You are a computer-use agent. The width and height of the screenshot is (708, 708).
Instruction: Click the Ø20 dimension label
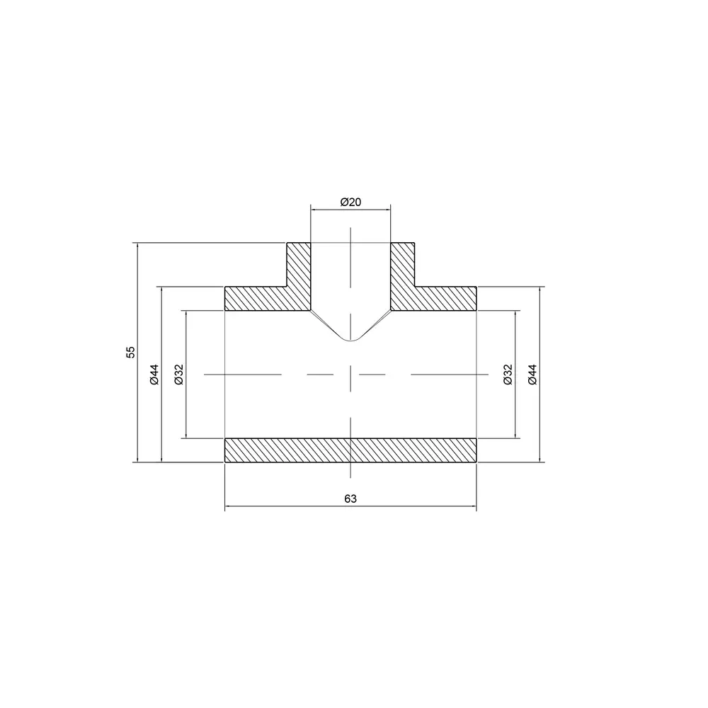point(350,202)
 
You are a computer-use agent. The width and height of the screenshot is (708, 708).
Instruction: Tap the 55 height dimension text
point(130,352)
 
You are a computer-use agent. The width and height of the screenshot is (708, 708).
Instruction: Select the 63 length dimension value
point(350,498)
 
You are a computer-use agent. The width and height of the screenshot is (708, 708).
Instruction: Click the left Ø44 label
point(154,375)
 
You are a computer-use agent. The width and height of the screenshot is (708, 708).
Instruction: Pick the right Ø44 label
point(532,375)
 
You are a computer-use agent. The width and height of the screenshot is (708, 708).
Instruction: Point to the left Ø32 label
point(179,375)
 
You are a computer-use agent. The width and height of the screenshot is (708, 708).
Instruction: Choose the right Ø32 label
point(508,375)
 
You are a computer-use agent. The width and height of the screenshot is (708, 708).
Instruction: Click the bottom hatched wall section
point(350,450)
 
